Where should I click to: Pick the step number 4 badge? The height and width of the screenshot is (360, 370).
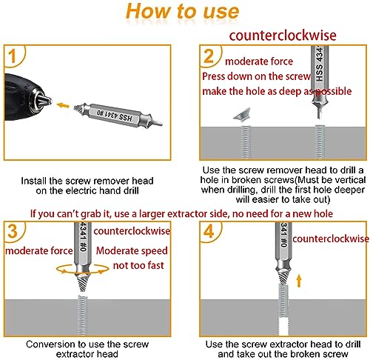[x=210, y=230]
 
